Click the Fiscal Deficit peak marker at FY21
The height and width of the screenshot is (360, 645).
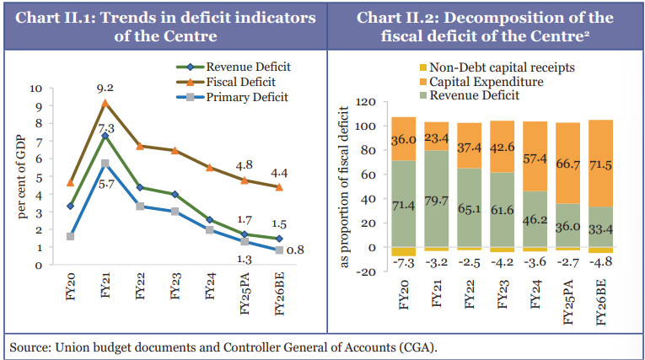click(x=105, y=103)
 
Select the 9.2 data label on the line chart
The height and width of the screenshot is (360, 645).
click(x=105, y=86)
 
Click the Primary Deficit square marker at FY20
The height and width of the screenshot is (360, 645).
click(x=71, y=236)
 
